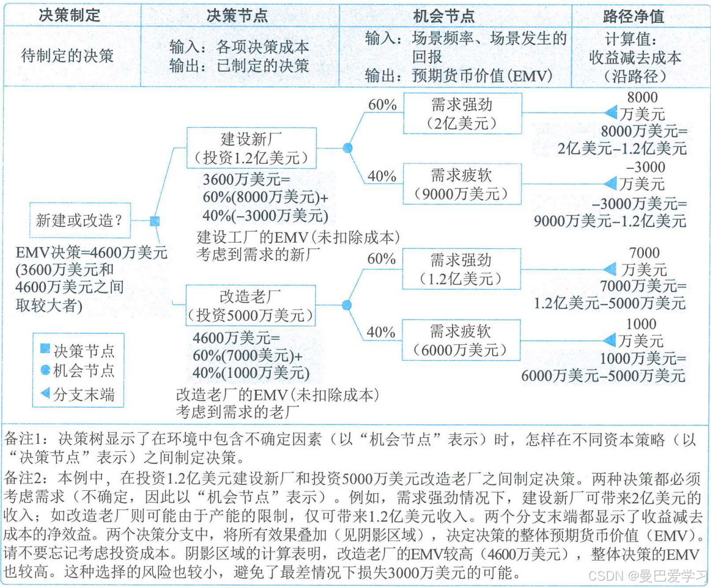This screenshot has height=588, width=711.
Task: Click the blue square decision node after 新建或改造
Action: pyautogui.click(x=155, y=221)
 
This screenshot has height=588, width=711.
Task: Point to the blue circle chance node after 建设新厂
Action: pyautogui.click(x=347, y=147)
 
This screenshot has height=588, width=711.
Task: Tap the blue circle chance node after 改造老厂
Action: pyautogui.click(x=346, y=304)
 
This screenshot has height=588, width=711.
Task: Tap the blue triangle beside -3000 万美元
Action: pyautogui.click(x=610, y=183)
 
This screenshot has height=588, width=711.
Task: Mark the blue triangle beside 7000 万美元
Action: pyautogui.click(x=610, y=269)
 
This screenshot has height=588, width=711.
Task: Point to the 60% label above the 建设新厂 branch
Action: pyautogui.click(x=382, y=105)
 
